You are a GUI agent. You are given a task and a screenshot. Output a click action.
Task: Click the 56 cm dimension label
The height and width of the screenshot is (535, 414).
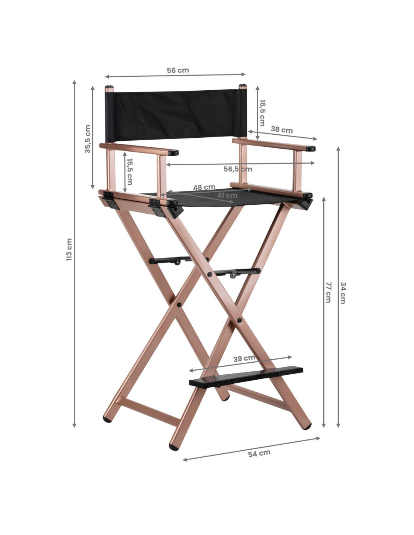tap(178, 70)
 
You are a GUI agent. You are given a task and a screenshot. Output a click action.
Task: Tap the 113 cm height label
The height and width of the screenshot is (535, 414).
tap(69, 249)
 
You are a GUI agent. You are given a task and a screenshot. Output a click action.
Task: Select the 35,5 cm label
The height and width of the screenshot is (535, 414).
tap(87, 139)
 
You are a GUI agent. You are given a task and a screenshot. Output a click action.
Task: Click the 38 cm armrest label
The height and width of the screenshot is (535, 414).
tap(282, 130)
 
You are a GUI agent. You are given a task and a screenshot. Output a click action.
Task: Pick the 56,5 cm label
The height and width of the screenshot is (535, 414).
tap(237, 169)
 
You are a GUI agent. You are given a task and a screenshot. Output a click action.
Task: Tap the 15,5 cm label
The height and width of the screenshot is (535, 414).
tap(129, 172)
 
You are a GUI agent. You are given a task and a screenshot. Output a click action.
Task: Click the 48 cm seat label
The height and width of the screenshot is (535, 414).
tap(204, 187)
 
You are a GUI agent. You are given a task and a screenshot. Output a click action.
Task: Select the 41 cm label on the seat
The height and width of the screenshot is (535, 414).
tap(227, 195)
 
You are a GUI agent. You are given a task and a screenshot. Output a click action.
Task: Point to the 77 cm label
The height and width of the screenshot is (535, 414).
tap(328, 292)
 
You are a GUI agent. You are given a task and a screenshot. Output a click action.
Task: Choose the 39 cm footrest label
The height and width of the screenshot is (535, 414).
tap(244, 358)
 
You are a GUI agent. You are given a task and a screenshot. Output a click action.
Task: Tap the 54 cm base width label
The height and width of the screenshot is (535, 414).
tap(259, 453)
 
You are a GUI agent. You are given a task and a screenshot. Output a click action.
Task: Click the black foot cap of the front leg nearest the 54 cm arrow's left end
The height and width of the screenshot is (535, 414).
tap(174, 447)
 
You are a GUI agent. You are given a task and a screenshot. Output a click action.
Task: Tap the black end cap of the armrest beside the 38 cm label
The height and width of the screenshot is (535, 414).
tap(310, 148)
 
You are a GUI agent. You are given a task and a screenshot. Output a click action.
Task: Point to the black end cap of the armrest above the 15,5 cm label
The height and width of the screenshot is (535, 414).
tap(173, 153)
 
